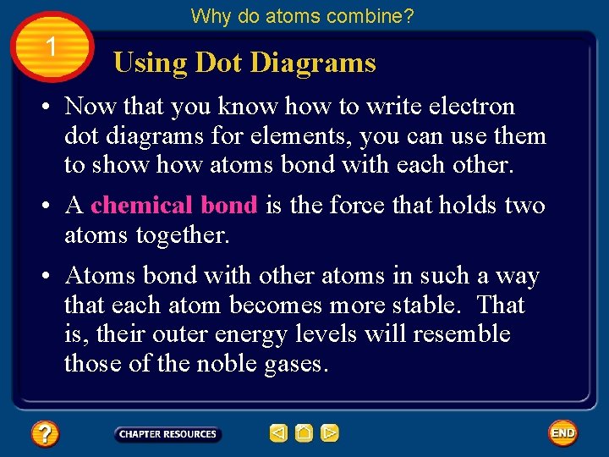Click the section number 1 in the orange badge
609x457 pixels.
(x=52, y=47)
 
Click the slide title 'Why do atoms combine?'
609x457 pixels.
(x=302, y=16)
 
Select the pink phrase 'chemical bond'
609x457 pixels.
(x=174, y=206)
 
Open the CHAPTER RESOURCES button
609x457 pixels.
(x=167, y=434)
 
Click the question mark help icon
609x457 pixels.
(x=44, y=434)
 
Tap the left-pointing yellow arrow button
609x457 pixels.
(x=278, y=434)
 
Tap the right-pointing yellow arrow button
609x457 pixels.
(x=330, y=434)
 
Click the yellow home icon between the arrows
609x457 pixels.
(x=304, y=434)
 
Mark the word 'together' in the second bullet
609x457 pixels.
(x=184, y=235)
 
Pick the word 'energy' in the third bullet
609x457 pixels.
(x=252, y=335)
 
